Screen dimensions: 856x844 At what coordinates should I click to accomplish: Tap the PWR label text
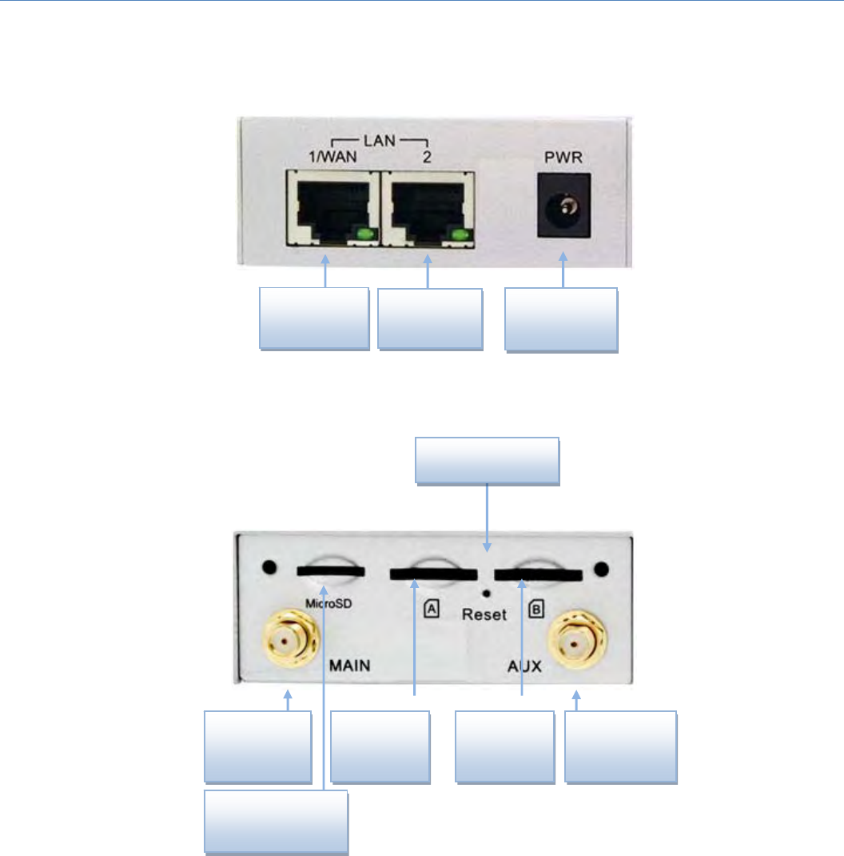(x=565, y=158)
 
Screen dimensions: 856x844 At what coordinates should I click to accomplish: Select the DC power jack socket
(x=565, y=210)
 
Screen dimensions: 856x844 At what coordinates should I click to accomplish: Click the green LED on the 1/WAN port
(x=364, y=234)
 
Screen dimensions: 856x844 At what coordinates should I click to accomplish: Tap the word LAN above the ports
(x=380, y=142)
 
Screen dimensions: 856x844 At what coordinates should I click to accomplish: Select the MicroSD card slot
(x=330, y=572)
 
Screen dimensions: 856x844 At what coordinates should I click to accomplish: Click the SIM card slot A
(x=432, y=574)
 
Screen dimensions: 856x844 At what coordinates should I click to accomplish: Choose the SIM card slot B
(x=538, y=574)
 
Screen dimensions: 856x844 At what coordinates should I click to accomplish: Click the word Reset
(x=484, y=615)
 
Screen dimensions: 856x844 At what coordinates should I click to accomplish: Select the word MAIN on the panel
(x=354, y=665)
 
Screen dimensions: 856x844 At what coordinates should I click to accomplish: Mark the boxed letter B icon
(x=537, y=610)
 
